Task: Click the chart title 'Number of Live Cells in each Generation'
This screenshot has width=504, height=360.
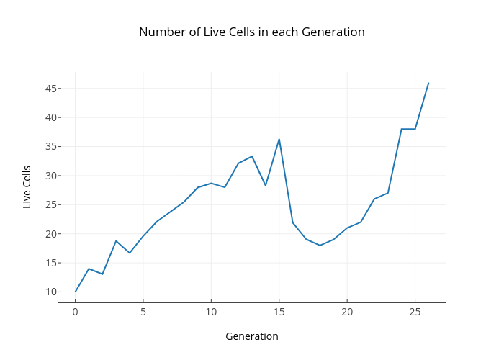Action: click(x=252, y=32)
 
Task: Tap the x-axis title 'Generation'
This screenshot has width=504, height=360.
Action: click(x=252, y=336)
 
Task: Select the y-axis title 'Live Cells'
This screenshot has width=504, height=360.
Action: click(x=27, y=187)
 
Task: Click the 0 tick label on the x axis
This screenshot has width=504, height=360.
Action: click(x=75, y=312)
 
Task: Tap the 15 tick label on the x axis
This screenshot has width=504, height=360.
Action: click(x=279, y=312)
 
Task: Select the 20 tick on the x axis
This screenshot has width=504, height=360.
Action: click(x=347, y=312)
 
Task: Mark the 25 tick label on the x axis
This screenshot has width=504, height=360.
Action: click(x=415, y=312)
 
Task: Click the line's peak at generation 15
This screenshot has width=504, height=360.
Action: click(x=279, y=139)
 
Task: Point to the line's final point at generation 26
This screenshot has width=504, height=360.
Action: click(x=428, y=83)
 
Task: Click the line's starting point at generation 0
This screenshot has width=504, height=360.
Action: click(x=75, y=292)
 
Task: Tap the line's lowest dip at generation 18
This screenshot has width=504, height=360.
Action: click(x=320, y=246)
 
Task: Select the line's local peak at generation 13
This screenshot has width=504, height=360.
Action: click(x=252, y=156)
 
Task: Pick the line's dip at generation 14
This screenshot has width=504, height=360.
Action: click(x=266, y=185)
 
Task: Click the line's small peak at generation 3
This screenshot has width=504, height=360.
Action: click(x=116, y=240)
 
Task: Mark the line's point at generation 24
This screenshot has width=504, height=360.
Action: click(x=401, y=129)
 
